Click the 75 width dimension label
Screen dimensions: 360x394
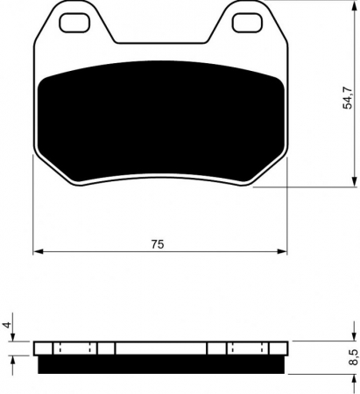click(158, 244)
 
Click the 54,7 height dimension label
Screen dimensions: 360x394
click(348, 98)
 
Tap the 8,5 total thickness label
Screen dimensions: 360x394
click(354, 357)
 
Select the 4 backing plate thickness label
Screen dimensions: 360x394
click(8, 324)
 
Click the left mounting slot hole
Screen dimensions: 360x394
click(74, 23)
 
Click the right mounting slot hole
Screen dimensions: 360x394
click(247, 23)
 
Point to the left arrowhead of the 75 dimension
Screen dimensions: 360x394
click(39, 251)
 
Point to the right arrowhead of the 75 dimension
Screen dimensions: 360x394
click(282, 251)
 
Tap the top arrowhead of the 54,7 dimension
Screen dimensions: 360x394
click(355, 5)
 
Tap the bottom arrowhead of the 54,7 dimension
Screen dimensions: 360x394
click(355, 181)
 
